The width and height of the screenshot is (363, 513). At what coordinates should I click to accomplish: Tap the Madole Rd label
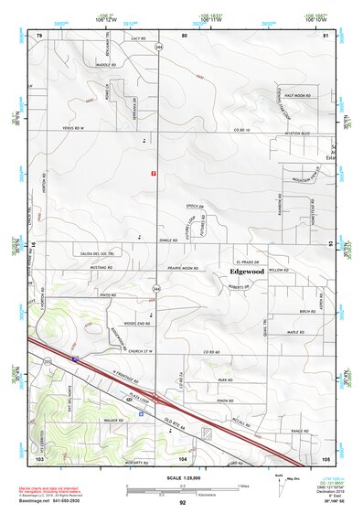coord(109,66)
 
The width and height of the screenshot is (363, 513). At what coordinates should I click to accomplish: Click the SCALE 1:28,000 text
coord(182,479)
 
